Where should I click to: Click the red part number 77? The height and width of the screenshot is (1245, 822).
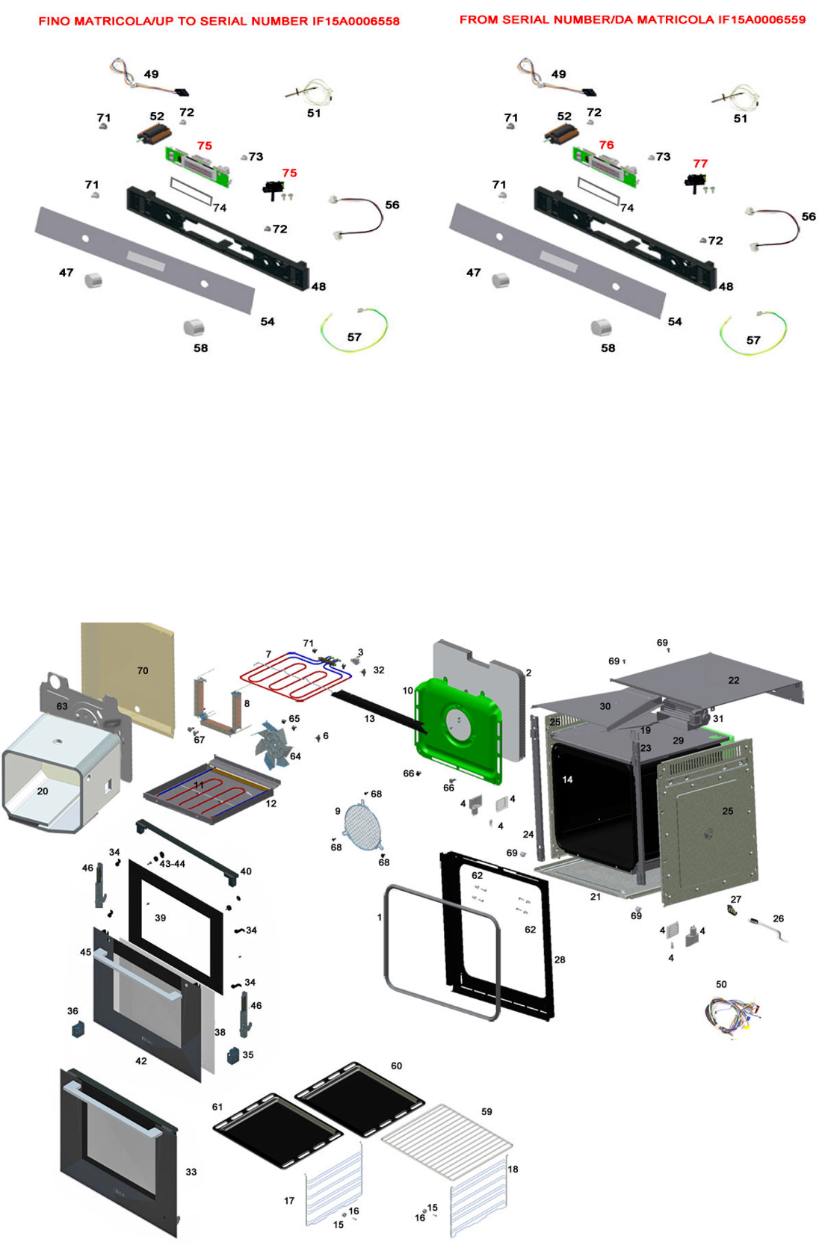click(x=699, y=164)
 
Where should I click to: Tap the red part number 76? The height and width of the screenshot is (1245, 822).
click(x=606, y=145)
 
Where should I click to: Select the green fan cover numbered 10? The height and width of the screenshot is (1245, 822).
click(x=457, y=729)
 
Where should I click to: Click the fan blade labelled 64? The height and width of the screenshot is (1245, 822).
click(x=272, y=744)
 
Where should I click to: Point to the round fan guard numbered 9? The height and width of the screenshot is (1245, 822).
click(x=362, y=826)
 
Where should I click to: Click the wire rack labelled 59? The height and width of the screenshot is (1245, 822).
click(x=447, y=1137)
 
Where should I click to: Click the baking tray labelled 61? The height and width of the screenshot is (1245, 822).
click(x=277, y=1129)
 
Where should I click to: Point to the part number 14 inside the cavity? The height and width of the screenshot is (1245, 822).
click(x=567, y=779)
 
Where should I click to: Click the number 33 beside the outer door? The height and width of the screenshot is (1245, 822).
click(x=191, y=1172)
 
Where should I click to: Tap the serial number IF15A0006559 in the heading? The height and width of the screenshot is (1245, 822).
click(x=761, y=19)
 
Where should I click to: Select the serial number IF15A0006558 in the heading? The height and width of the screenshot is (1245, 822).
click(x=356, y=21)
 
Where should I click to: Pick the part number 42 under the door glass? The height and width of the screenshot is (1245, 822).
click(x=141, y=1060)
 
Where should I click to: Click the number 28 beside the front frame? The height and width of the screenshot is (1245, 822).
click(x=560, y=960)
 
